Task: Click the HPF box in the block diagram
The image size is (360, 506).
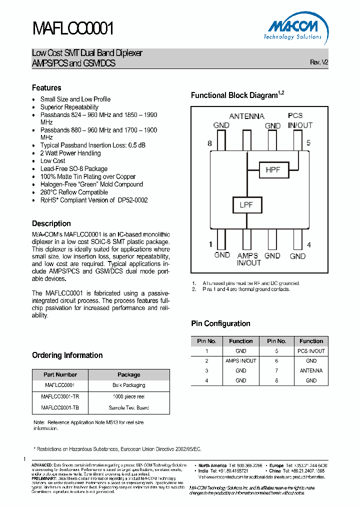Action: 272,170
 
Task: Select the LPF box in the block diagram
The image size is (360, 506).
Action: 245,205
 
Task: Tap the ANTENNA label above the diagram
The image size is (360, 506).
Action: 246,116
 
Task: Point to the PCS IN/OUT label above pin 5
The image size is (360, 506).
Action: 300,120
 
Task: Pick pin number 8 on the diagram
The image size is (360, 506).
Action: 210,143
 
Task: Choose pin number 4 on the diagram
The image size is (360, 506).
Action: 309,244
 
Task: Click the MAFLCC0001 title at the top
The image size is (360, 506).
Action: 74,28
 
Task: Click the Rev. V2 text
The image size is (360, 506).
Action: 319,62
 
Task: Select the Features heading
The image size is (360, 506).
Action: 46,87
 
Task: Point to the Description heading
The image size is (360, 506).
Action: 51,223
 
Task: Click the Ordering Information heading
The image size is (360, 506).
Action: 67,355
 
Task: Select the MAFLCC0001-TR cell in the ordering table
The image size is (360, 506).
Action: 60,396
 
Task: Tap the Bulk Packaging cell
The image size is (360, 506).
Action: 129,385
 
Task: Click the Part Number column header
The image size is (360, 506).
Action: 60,374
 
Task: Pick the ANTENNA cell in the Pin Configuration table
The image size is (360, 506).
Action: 311,370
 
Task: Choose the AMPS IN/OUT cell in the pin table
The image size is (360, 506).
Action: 240,360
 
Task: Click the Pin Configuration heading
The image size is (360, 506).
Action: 220,323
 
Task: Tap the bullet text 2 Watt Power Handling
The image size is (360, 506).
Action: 70,153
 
